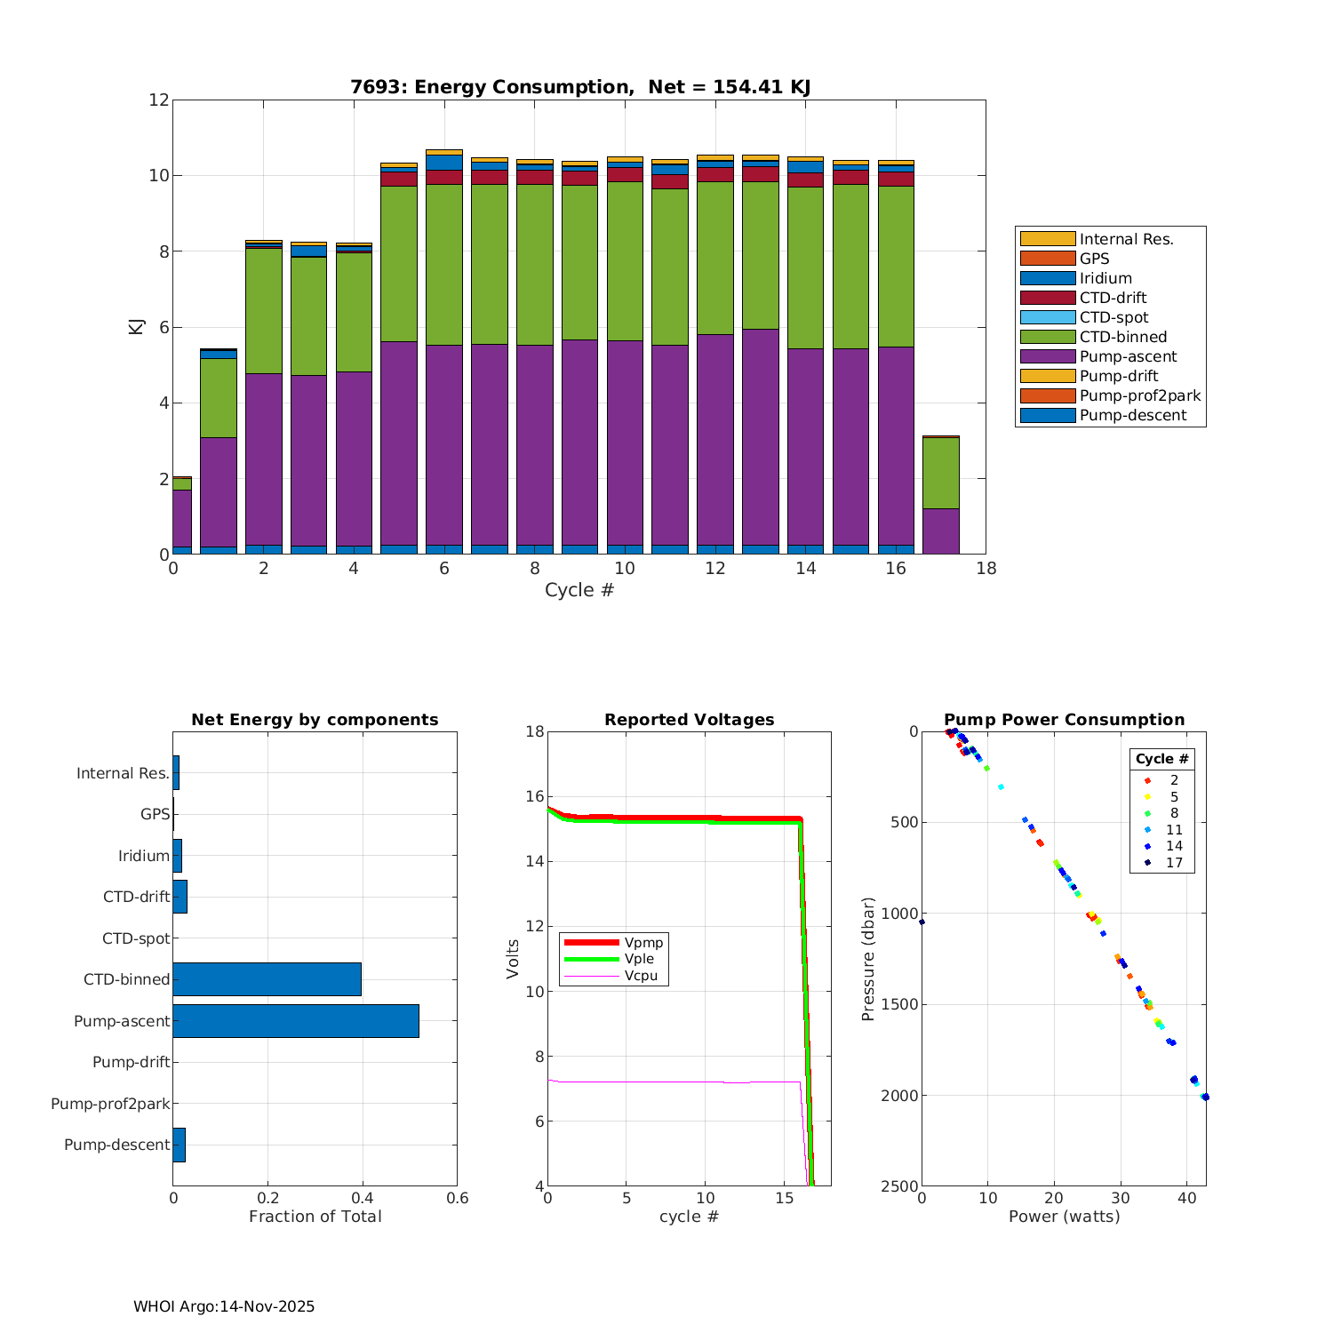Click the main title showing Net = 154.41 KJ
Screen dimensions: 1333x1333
[x=579, y=87]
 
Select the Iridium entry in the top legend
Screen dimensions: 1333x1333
[x=1106, y=278]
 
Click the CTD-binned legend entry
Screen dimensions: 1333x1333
[x=1122, y=337]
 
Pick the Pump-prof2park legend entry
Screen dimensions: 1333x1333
[x=1139, y=395]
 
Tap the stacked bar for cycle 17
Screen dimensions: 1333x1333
[x=941, y=495]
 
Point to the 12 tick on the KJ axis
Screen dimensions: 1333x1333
[x=159, y=100]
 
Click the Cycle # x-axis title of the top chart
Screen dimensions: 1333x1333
[x=579, y=590]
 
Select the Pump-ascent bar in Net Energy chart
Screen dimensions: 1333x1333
[x=296, y=1021]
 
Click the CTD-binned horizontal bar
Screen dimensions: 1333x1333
[x=267, y=979]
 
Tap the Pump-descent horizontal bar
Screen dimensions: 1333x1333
[x=179, y=1145]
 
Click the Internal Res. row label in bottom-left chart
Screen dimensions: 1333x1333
[x=123, y=773]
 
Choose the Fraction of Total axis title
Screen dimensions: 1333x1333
[x=315, y=1217]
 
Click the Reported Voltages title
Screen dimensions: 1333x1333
[x=689, y=720]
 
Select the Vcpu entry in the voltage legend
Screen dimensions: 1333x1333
[x=641, y=976]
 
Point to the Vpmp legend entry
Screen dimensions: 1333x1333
[x=643, y=942]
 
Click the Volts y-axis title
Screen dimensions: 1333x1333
[x=513, y=959]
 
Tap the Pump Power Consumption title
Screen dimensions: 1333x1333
[x=1064, y=720]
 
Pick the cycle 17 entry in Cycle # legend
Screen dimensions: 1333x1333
[x=1173, y=863]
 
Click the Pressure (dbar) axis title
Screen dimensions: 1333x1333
[x=868, y=959]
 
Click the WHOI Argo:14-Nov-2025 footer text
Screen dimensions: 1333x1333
[x=224, y=1306]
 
